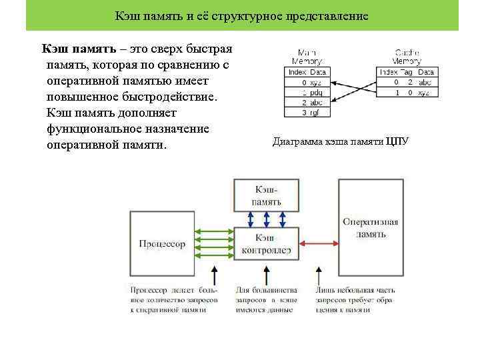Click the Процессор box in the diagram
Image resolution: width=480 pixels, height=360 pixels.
(162, 243)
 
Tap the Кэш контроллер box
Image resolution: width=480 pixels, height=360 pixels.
(267, 244)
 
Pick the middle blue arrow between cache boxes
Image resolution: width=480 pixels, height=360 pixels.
(267, 219)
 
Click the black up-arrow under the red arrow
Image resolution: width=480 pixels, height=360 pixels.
(319, 274)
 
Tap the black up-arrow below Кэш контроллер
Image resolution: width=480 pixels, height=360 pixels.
(267, 274)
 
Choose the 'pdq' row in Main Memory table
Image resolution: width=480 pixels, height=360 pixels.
(307, 92)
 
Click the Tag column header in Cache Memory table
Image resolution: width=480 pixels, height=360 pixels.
(409, 72)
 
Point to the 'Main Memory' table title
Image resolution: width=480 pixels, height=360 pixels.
(307, 56)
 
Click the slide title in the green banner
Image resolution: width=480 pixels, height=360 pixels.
(241, 15)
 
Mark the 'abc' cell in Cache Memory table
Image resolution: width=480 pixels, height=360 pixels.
(425, 82)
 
